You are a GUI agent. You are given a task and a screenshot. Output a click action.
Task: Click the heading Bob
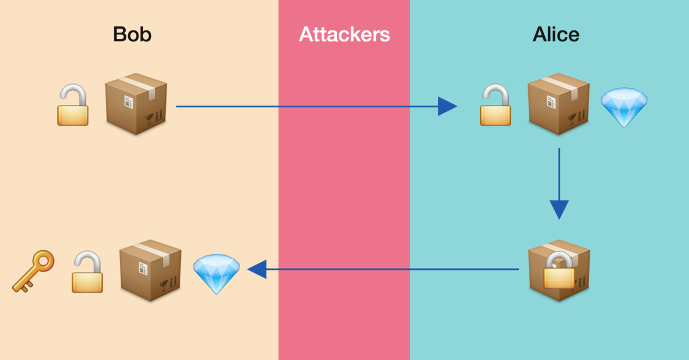pos(132,34)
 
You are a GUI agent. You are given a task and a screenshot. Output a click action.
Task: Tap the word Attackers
pos(344,34)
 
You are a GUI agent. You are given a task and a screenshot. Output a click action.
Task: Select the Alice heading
pos(556,34)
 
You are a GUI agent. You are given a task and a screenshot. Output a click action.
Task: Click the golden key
pos(33,271)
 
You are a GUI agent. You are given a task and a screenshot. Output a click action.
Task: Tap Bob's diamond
pos(216,274)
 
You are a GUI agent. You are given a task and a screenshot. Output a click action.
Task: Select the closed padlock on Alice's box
pos(559,270)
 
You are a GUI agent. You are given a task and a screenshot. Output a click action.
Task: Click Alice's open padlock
pos(496,106)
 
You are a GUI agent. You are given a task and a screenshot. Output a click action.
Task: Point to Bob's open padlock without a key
pos(73,106)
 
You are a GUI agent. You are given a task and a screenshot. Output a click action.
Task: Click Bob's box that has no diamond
pos(136,104)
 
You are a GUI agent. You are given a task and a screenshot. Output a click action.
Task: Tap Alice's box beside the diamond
pos(558,104)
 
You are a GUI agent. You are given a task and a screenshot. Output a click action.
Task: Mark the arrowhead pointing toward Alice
pos(447,106)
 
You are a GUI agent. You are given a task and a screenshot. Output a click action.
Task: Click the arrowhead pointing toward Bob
pos(257,269)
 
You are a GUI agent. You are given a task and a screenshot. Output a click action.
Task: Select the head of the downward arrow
pos(559,210)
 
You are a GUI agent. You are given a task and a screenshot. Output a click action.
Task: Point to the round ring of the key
pos(44,262)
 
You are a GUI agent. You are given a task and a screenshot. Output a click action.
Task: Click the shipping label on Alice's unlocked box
pos(550,103)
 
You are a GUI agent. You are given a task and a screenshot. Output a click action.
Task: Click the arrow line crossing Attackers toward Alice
pos(344,106)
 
